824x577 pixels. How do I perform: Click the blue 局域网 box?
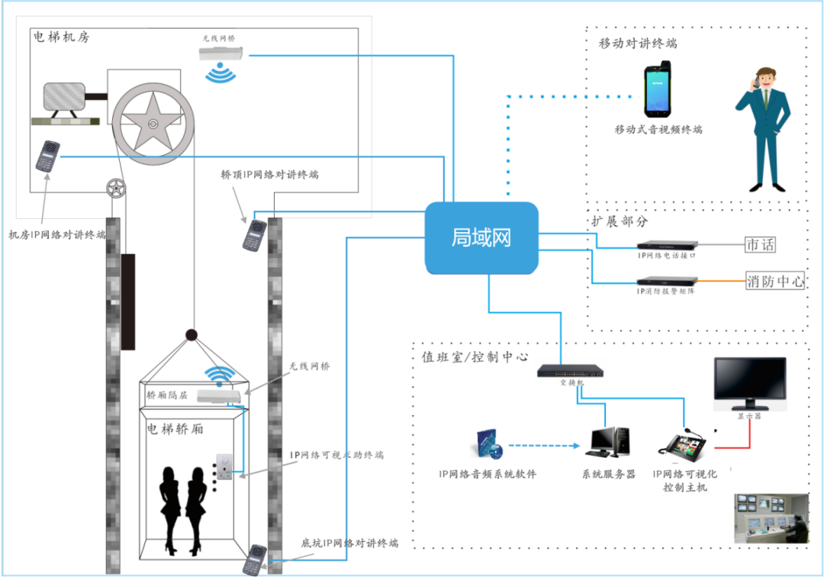click(481, 237)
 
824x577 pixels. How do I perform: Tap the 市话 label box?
click(760, 244)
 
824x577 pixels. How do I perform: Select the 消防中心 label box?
click(774, 281)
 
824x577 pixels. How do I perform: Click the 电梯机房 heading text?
click(61, 37)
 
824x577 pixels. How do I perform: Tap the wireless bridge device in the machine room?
click(222, 54)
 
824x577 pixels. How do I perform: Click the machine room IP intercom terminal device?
click(47, 156)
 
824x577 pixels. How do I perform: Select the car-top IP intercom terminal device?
click(255, 235)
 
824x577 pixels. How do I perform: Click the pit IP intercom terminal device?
click(255, 559)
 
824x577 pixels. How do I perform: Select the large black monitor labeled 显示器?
click(748, 384)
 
